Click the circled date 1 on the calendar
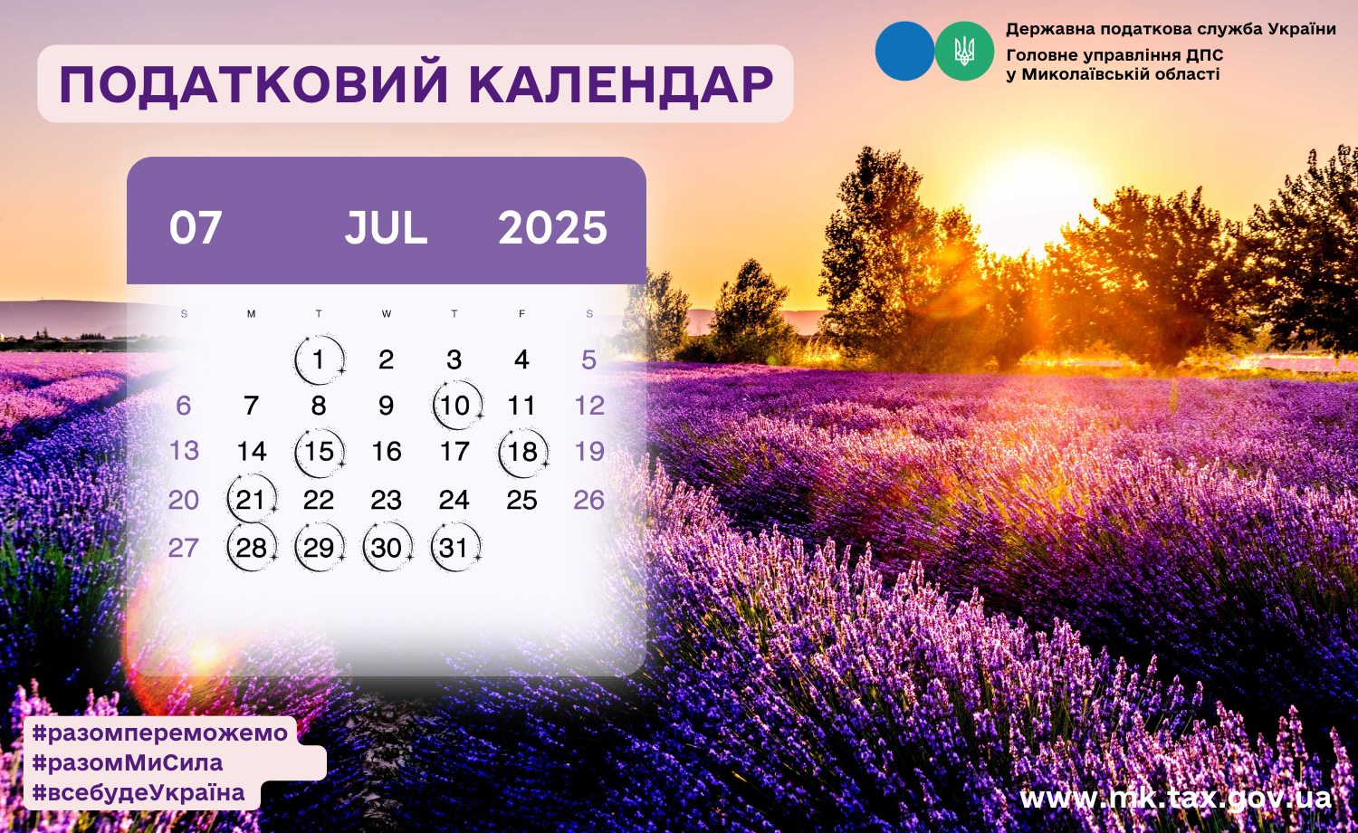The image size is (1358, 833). point(319,359)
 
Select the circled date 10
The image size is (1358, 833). point(455,405)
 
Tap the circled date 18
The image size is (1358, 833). point(522,452)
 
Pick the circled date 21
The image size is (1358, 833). point(251,500)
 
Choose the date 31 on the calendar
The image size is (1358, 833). point(454,548)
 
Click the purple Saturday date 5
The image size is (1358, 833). point(588,360)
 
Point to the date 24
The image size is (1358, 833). point(454,500)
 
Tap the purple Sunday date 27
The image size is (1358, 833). point(183,548)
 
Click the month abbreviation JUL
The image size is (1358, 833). point(387,228)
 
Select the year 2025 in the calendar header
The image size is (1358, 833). point(552,228)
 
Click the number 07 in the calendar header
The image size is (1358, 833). point(196,228)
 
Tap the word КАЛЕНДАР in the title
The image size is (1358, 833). point(621,84)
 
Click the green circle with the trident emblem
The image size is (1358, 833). point(964,51)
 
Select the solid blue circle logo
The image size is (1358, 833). point(904,51)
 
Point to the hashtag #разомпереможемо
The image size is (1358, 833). point(160,732)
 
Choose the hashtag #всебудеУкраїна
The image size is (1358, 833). point(139,792)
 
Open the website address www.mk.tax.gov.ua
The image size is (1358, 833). point(1175,798)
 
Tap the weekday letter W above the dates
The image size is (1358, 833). point(387,313)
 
